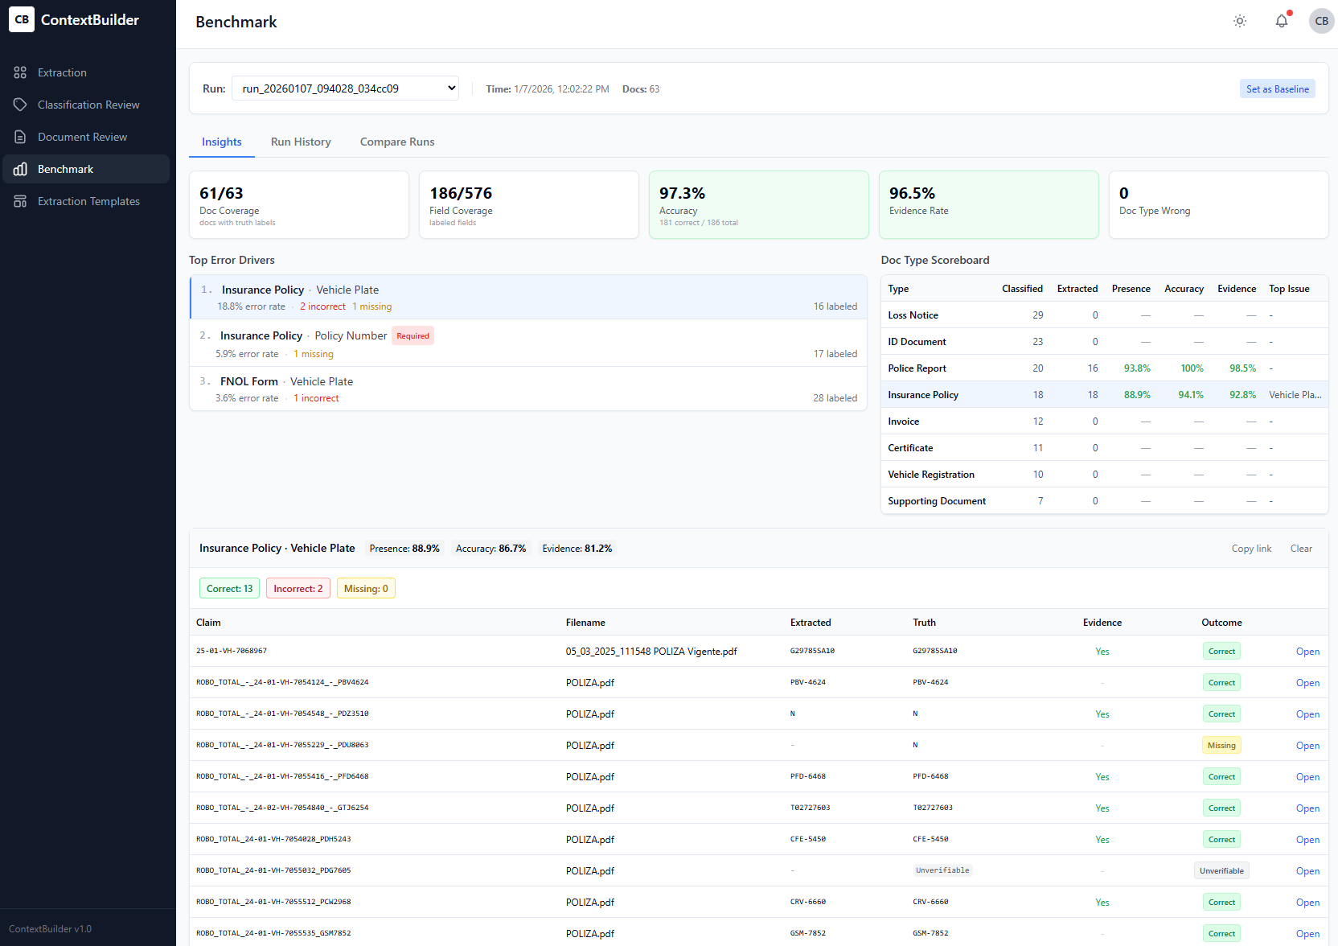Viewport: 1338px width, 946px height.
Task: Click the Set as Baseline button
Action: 1277,89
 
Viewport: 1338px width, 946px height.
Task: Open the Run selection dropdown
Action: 345,88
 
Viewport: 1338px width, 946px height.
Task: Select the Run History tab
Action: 301,142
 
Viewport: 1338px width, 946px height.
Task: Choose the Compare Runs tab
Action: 397,142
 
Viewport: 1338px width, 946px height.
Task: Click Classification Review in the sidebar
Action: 88,105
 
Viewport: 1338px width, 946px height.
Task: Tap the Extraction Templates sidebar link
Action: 88,201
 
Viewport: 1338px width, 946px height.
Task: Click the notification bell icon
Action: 1281,22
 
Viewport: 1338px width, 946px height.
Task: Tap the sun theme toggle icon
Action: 1239,22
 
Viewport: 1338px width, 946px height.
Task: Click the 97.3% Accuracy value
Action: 682,193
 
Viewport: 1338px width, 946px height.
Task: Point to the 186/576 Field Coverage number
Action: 461,193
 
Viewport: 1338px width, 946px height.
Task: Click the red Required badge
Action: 412,336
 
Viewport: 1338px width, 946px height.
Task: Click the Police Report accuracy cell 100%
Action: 1192,368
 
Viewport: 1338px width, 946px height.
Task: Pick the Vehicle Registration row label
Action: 930,475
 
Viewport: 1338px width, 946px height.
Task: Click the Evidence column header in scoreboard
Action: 1236,289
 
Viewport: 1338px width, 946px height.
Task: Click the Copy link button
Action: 1251,549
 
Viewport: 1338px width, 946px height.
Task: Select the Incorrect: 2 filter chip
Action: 298,589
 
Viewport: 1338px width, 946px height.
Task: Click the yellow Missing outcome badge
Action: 1221,746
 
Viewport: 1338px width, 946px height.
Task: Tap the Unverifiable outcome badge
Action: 1221,871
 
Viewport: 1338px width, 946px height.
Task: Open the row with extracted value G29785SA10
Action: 1307,652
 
